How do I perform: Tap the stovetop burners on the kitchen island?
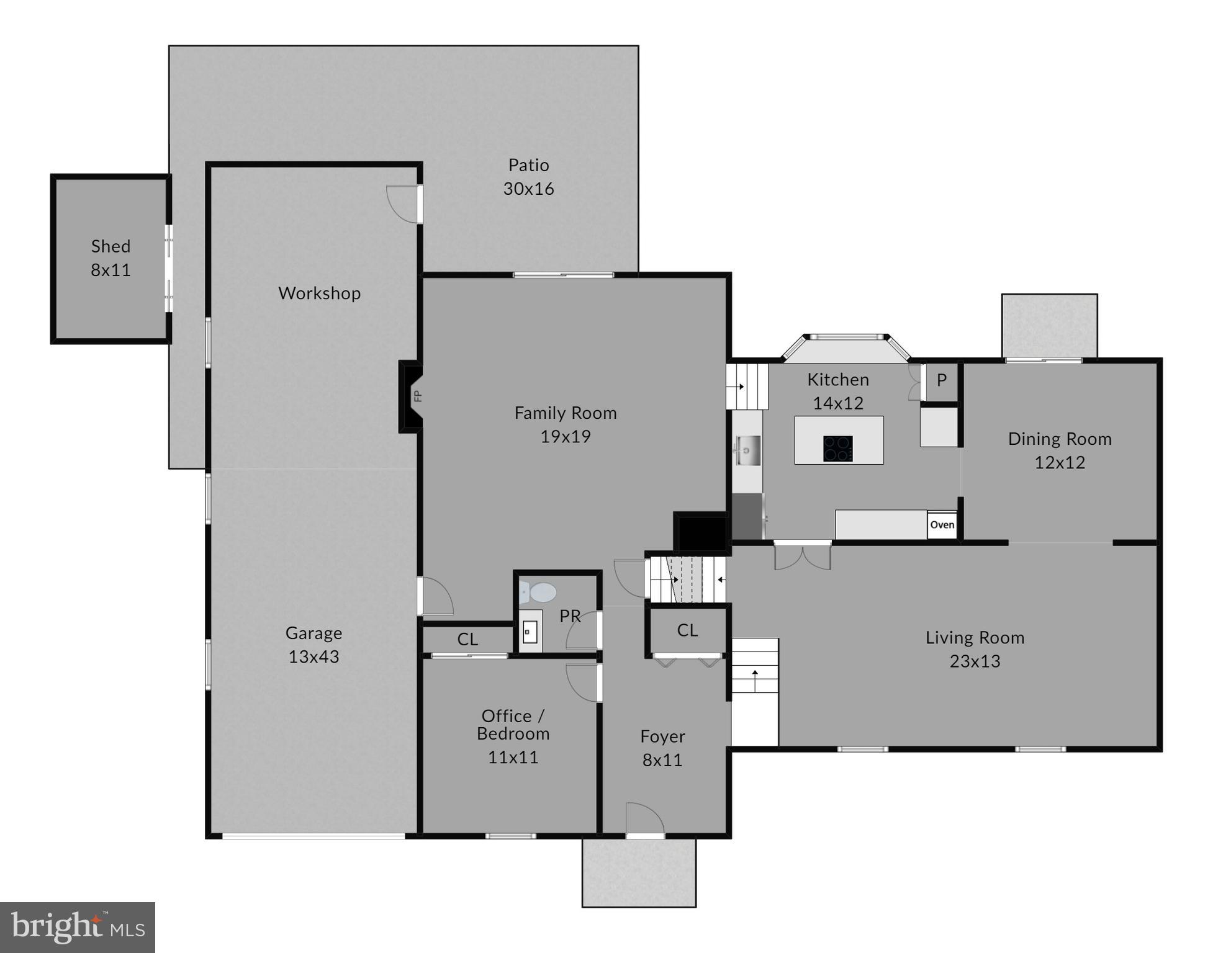click(x=837, y=449)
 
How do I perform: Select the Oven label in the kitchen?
click(x=942, y=525)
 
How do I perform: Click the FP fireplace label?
click(x=418, y=396)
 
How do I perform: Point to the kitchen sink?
click(x=747, y=449)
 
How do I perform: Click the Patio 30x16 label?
click(x=528, y=177)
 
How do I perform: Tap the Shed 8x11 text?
click(x=110, y=257)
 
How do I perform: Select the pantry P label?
click(x=941, y=380)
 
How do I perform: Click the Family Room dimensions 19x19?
click(x=565, y=437)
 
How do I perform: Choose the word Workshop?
click(x=319, y=293)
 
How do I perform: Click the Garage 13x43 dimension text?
click(x=313, y=656)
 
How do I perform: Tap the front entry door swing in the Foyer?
click(x=645, y=820)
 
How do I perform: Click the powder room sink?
click(x=530, y=632)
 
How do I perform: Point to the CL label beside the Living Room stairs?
click(x=687, y=630)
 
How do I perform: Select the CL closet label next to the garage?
click(x=467, y=639)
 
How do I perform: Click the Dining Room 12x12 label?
click(x=1059, y=450)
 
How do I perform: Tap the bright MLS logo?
click(x=78, y=927)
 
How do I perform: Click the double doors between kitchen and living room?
click(x=802, y=555)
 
